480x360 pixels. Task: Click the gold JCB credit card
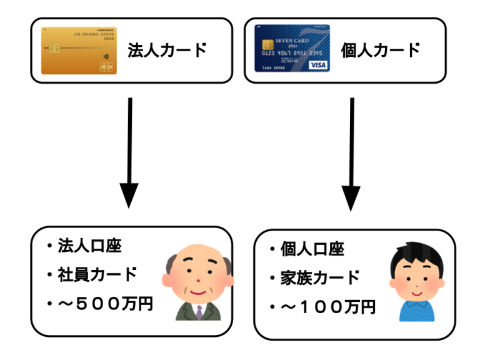tap(79, 51)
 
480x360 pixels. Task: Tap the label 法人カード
tap(167, 50)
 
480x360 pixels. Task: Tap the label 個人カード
tap(380, 50)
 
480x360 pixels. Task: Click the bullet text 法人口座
tap(91, 245)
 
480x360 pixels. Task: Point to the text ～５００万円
tap(106, 304)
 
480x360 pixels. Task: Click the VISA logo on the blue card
tap(317, 65)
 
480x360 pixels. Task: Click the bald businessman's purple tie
tap(199, 312)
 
